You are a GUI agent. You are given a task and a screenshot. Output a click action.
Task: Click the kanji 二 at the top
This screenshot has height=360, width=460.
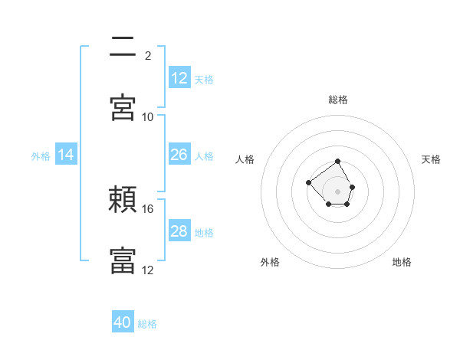[123, 46]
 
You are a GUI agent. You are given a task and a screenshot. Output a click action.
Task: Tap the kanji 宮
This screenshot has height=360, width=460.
[123, 107]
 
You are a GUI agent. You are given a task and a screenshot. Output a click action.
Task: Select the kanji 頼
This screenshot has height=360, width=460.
[123, 199]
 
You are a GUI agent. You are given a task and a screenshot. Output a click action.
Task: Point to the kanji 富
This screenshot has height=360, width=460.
[123, 260]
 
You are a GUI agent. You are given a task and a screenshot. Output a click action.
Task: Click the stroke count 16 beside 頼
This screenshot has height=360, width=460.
[147, 209]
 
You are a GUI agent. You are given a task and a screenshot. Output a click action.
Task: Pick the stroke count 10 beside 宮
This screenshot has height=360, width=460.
[147, 117]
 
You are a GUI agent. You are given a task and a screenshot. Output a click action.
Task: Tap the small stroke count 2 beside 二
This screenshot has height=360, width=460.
[148, 56]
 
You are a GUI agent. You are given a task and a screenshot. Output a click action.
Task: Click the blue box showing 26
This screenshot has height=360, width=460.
[179, 154]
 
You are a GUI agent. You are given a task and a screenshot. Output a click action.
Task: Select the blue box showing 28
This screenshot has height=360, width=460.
[179, 230]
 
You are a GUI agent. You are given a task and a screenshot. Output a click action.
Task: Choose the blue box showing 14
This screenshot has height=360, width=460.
[66, 154]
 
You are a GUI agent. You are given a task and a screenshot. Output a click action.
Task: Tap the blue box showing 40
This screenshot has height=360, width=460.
[123, 321]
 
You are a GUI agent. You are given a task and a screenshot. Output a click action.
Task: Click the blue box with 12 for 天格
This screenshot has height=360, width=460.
[179, 77]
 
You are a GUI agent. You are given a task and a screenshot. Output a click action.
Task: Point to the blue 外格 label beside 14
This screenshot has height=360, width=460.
[41, 156]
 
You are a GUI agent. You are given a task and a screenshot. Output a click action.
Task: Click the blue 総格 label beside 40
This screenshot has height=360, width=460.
[147, 324]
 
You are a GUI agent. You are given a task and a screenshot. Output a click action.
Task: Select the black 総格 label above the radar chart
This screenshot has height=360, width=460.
[338, 100]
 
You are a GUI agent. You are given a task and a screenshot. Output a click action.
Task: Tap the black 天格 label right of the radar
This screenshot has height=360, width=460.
[431, 159]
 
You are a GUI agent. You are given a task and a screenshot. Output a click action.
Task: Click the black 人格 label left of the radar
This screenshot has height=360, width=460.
[245, 159]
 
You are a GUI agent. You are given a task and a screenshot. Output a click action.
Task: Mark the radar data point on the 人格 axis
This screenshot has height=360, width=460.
[308, 182]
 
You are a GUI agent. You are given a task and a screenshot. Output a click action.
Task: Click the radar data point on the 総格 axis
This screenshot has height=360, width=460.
[337, 162]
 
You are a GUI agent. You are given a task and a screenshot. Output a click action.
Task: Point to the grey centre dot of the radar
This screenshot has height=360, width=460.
[337, 191]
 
